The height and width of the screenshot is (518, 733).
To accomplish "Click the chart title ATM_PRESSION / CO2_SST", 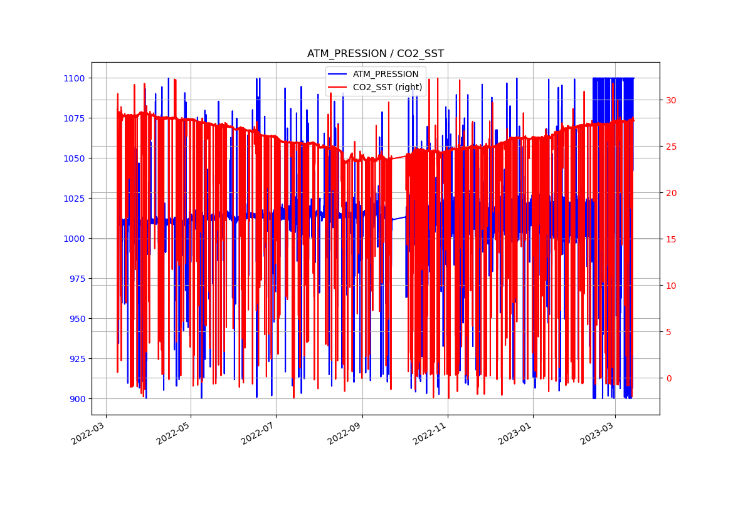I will (x=375, y=54).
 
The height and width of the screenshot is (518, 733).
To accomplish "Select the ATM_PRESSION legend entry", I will (x=385, y=75).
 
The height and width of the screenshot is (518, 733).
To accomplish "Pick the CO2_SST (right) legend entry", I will (x=389, y=87).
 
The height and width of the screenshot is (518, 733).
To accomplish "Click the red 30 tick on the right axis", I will (x=672, y=100).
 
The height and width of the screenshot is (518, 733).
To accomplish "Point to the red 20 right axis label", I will (x=672, y=193).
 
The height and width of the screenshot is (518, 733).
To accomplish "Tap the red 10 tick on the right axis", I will (x=672, y=286).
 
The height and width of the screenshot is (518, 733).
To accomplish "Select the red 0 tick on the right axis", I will (x=669, y=378).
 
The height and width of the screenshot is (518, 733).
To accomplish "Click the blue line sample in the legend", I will (x=339, y=75).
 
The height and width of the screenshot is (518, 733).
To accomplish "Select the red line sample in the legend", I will (x=339, y=87).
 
